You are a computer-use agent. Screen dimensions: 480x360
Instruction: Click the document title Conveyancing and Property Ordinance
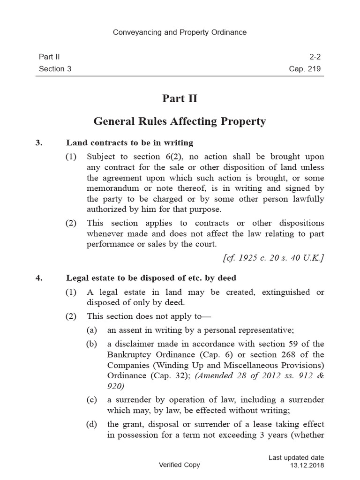(x=180, y=32)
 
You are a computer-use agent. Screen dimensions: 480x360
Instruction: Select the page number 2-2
(x=315, y=57)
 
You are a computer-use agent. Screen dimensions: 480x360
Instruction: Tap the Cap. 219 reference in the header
(x=305, y=69)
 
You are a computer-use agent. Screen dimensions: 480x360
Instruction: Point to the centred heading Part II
(x=180, y=98)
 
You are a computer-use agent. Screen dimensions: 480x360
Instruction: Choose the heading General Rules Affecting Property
(x=180, y=122)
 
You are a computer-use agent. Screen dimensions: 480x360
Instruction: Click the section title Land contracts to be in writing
(x=130, y=142)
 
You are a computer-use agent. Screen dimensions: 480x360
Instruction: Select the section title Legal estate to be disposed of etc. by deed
(x=151, y=278)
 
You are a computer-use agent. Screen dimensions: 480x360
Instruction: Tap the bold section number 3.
(x=39, y=142)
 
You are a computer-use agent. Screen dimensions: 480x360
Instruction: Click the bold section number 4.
(x=39, y=278)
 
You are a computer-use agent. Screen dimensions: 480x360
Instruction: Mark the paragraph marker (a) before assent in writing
(x=92, y=330)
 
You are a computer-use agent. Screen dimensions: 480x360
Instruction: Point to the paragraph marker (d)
(x=92, y=425)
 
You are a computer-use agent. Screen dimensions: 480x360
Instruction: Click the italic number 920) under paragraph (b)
(x=116, y=387)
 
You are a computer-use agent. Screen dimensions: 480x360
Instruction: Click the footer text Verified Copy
(x=180, y=465)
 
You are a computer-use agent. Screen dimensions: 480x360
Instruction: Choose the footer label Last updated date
(x=296, y=457)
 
